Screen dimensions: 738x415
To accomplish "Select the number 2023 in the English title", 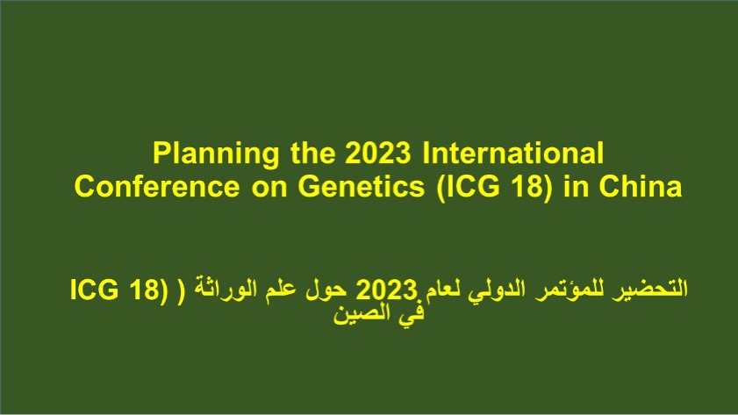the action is (x=378, y=153).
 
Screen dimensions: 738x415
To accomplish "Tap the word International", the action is (x=513, y=153).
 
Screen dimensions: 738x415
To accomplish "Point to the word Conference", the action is (x=157, y=186).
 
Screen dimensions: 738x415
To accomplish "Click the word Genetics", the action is (x=361, y=186).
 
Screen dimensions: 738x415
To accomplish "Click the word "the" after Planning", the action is (x=313, y=153).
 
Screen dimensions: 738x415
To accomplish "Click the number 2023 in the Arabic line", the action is (x=386, y=290).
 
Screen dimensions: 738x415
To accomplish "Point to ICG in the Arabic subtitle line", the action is (x=94, y=290).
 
